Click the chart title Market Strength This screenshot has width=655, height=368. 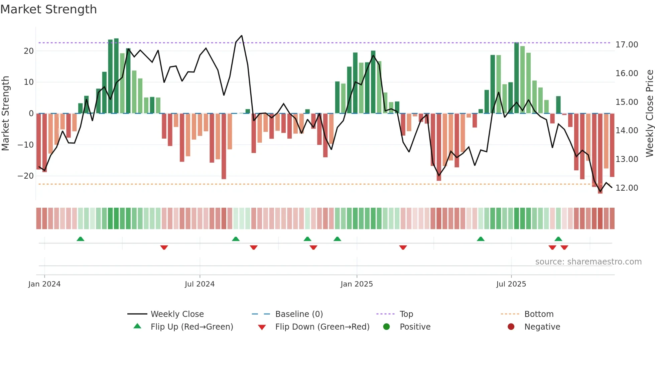48,9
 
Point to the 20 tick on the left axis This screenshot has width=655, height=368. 29,51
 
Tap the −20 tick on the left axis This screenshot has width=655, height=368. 26,176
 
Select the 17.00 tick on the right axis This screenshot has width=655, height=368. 627,45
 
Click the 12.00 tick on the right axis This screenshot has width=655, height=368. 627,188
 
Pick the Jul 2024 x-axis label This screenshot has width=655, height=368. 200,284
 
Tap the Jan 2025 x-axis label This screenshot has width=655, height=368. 357,284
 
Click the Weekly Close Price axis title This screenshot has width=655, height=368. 649,114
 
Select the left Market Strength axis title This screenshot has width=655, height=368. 5,114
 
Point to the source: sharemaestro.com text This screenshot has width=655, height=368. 588,262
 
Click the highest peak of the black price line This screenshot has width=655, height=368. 242,36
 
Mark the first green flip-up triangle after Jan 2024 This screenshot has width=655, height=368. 80,239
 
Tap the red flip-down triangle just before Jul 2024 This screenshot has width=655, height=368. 164,247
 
